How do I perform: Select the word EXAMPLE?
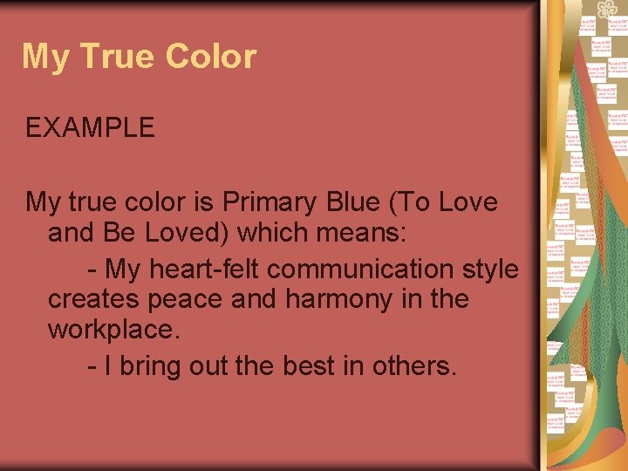click(x=90, y=127)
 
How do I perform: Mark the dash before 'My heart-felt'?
click(x=92, y=269)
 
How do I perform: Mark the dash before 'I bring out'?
click(x=92, y=366)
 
